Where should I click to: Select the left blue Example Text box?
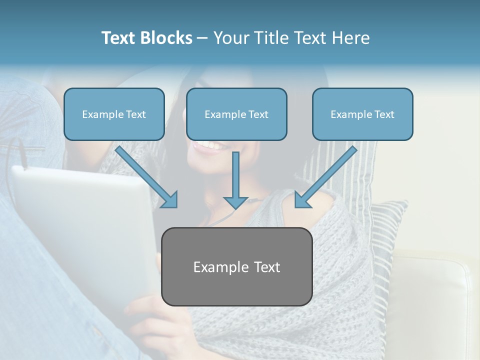coord(114,114)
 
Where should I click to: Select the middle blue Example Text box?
coord(236,114)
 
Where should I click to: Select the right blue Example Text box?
coord(362,114)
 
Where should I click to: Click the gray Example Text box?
coord(236,266)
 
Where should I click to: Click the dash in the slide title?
coord(202,38)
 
